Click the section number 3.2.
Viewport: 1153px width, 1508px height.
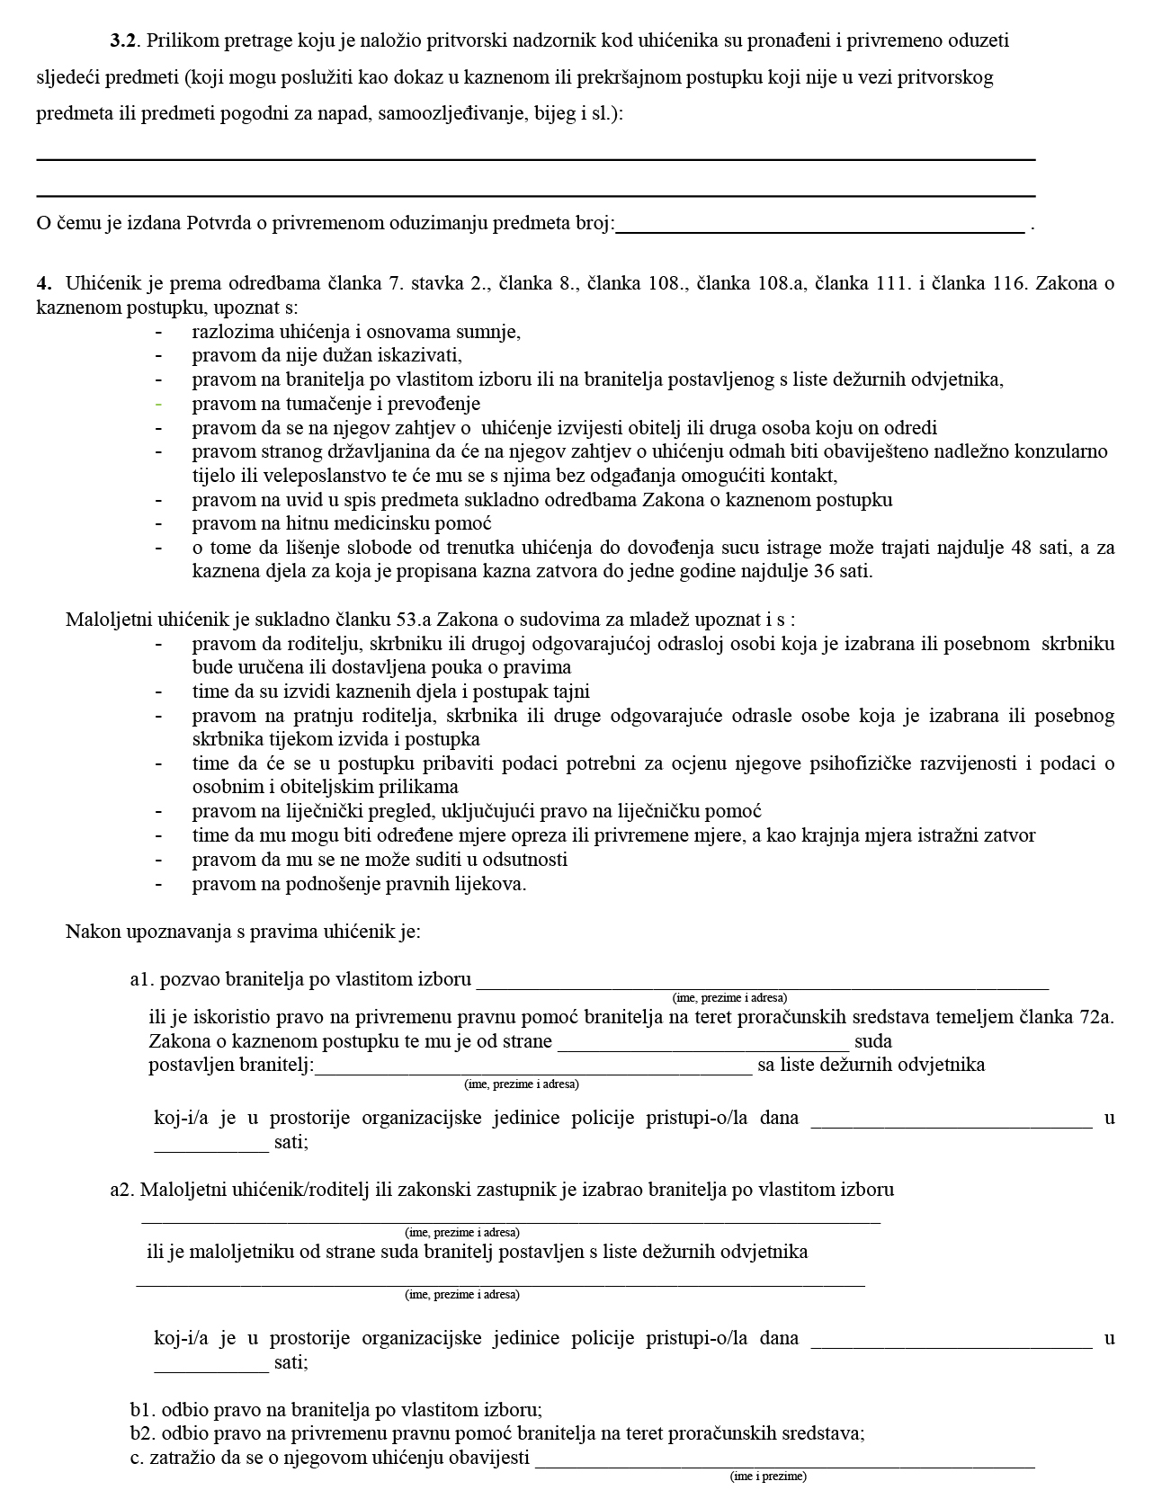point(123,40)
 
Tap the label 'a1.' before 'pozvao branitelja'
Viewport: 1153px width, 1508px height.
point(143,979)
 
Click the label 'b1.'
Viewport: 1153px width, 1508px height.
point(144,1411)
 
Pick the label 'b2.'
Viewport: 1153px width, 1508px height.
point(144,1434)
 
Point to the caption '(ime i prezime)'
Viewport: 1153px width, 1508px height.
point(768,1477)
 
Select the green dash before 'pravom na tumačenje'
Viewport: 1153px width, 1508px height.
point(158,404)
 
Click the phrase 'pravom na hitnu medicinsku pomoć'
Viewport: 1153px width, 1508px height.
point(342,523)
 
